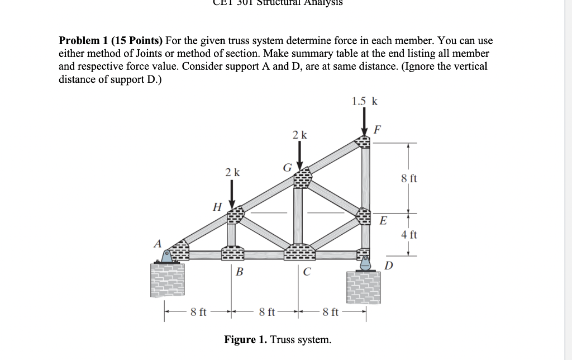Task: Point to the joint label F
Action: (x=378, y=131)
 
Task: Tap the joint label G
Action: (x=287, y=167)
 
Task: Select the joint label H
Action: (x=217, y=206)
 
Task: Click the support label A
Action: (x=158, y=244)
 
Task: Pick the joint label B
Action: (x=239, y=272)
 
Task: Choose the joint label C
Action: (x=307, y=272)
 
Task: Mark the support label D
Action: (x=389, y=264)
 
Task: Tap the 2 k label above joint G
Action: (x=300, y=135)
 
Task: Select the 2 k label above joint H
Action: (x=232, y=173)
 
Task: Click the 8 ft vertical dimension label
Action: (x=409, y=179)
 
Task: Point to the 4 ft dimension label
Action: (x=409, y=235)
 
